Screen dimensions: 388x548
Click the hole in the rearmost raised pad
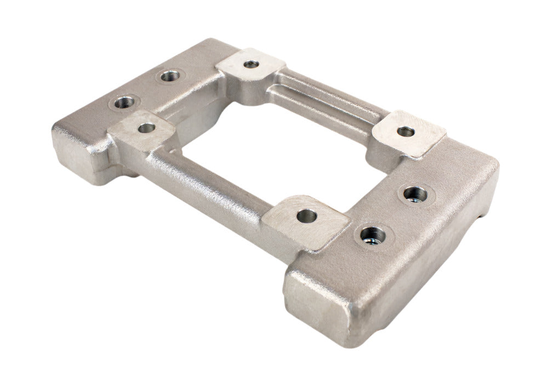251,65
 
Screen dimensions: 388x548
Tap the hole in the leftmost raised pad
146,128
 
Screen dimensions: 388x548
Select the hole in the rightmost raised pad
406,132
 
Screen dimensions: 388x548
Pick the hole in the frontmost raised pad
307,216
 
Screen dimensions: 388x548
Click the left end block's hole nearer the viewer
124,102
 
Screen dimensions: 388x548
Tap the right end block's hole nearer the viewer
373,236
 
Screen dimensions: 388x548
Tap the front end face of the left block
77,151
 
